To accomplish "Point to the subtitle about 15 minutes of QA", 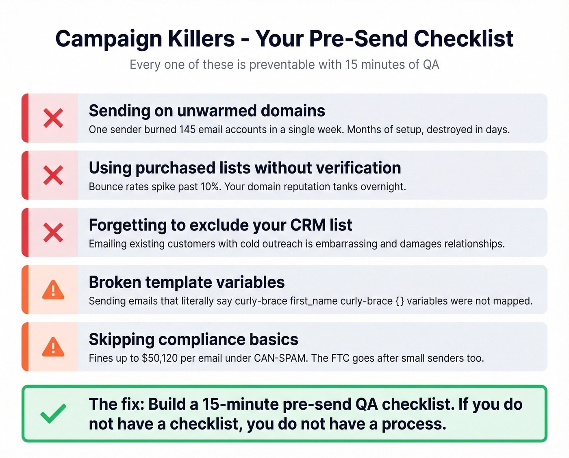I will click(x=284, y=65).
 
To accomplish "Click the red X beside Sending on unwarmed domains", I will click(x=53, y=118).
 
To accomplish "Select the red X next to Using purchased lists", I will click(x=53, y=175).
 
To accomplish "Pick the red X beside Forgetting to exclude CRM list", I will click(x=53, y=232).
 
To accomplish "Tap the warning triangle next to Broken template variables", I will click(x=53, y=290).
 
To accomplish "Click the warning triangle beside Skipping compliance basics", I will click(x=53, y=347).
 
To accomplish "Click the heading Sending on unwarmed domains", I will click(x=207, y=111).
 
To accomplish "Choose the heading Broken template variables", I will click(x=187, y=282).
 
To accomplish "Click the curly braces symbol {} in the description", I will click(x=400, y=301).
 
